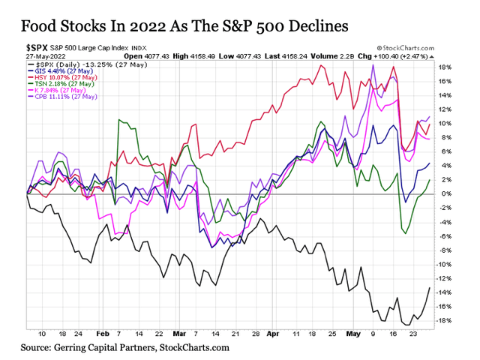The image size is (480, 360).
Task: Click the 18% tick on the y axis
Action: tap(444, 67)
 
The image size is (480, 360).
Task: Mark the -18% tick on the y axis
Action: tap(444, 321)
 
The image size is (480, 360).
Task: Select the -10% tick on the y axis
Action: tap(444, 265)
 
